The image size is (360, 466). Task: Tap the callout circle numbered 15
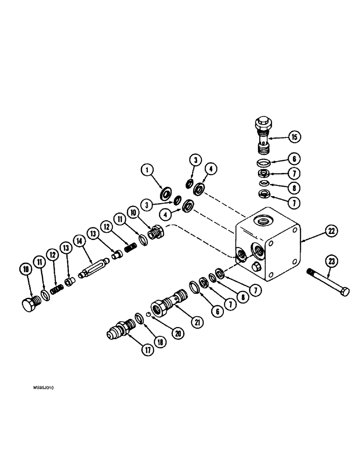tap(294, 137)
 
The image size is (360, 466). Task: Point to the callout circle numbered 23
tap(331, 262)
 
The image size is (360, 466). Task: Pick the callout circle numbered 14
tap(80, 240)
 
